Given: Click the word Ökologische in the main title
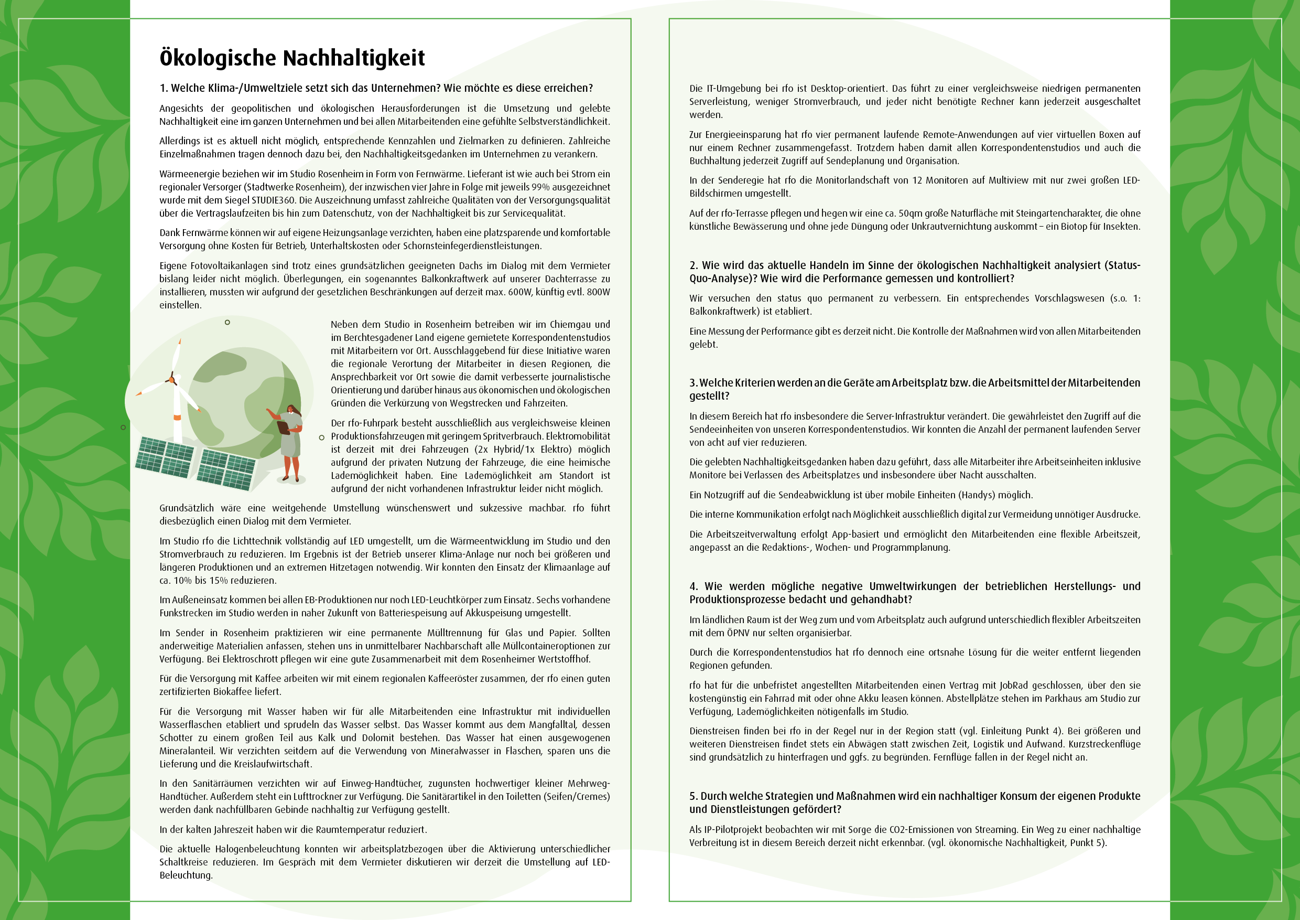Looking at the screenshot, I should [x=217, y=58].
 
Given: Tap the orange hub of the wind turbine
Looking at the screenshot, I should [x=172, y=379].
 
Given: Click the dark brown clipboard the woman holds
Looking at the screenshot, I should [x=283, y=426].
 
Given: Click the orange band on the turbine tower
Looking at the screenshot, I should [x=177, y=418].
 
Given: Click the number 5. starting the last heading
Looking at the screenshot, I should [x=694, y=796].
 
